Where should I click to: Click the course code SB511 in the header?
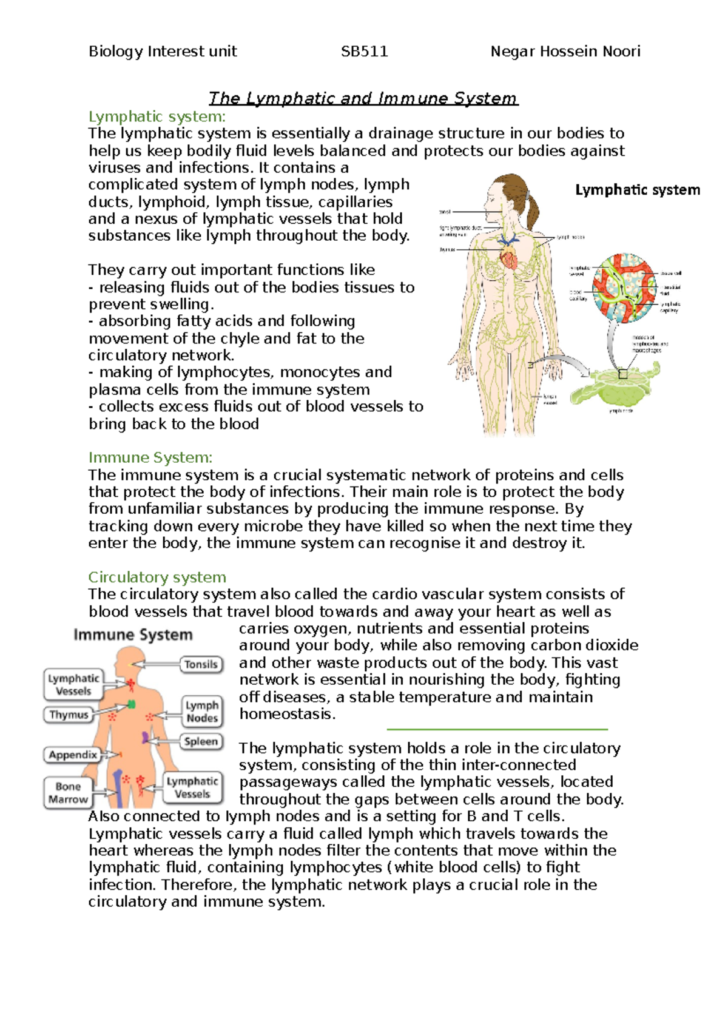(364, 52)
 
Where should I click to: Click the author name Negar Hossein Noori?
(565, 52)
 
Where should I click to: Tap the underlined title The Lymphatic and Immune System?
(363, 98)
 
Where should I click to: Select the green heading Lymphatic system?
(157, 116)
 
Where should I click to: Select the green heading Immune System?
(150, 457)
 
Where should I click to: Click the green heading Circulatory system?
(157, 577)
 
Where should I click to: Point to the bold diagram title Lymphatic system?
(637, 190)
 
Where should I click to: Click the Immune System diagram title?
(133, 635)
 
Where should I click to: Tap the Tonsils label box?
(201, 664)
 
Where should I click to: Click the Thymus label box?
(69, 715)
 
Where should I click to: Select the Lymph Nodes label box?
(202, 712)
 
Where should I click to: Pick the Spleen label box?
(201, 741)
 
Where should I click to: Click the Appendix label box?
(73, 755)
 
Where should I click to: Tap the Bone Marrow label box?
(68, 793)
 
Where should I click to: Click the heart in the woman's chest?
(508, 258)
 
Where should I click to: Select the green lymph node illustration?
(616, 385)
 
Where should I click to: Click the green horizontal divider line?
(497, 729)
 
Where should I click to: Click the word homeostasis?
(287, 714)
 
